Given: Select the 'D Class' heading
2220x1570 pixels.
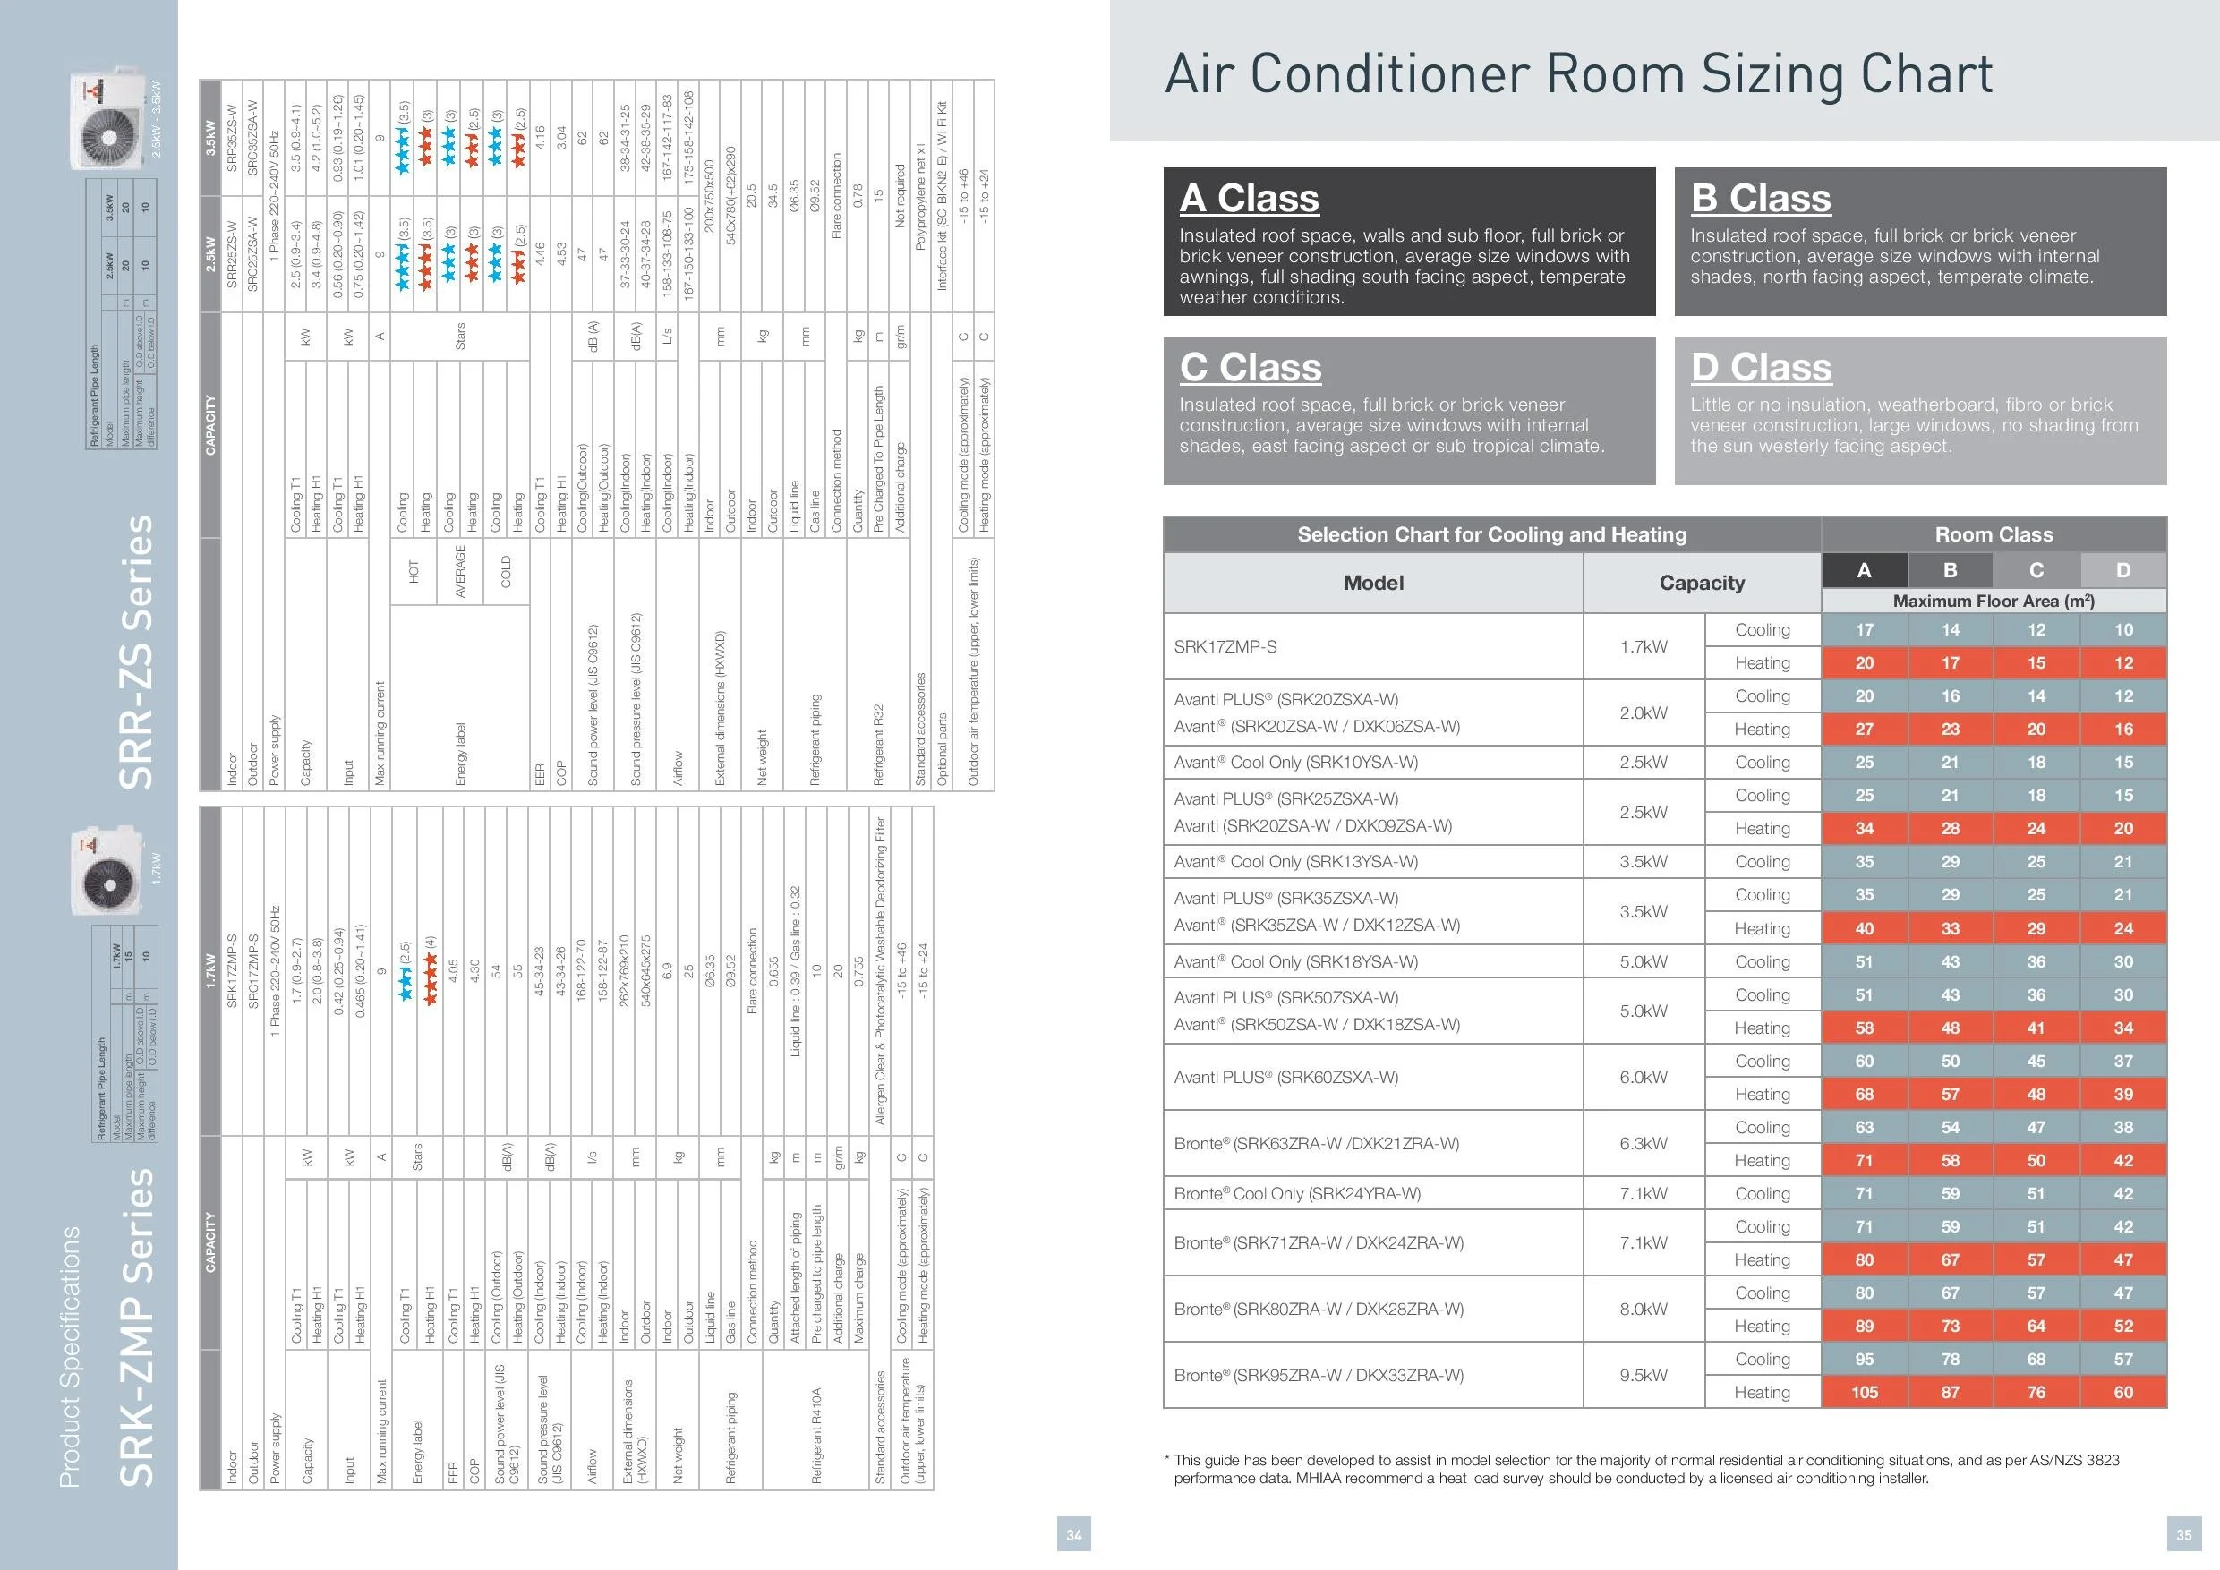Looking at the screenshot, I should pyautogui.click(x=1761, y=367).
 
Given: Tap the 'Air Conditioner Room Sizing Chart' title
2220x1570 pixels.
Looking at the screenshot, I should pyautogui.click(x=1578, y=74).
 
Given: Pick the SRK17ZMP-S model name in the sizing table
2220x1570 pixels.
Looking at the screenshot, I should pyautogui.click(x=1225, y=645).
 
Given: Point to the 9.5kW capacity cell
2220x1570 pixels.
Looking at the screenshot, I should pyautogui.click(x=1643, y=1375).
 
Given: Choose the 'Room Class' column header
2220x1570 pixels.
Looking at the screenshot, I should pyautogui.click(x=1993, y=534).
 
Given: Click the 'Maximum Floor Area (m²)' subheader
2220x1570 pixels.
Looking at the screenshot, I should pyautogui.click(x=1993, y=601).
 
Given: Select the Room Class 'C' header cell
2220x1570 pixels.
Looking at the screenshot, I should pyautogui.click(x=2036, y=570).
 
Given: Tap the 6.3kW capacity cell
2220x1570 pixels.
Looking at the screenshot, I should pyautogui.click(x=1643, y=1144).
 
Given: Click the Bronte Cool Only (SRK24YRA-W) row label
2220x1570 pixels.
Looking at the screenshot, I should pyautogui.click(x=1296, y=1193).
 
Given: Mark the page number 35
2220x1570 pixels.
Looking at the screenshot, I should pyautogui.click(x=2183, y=1534).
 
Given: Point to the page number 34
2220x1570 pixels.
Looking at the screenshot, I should pyautogui.click(x=1074, y=1534).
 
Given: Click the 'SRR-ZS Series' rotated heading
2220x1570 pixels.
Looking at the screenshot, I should pyautogui.click(x=135, y=652).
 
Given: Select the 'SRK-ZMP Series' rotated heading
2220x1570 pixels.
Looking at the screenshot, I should pyautogui.click(x=135, y=1327).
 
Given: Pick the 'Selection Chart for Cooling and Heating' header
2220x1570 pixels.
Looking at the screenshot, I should pyautogui.click(x=1491, y=534).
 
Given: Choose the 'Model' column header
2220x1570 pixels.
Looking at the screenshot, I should pyautogui.click(x=1373, y=583).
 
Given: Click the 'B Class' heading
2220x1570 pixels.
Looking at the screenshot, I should pyautogui.click(x=1760, y=198).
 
